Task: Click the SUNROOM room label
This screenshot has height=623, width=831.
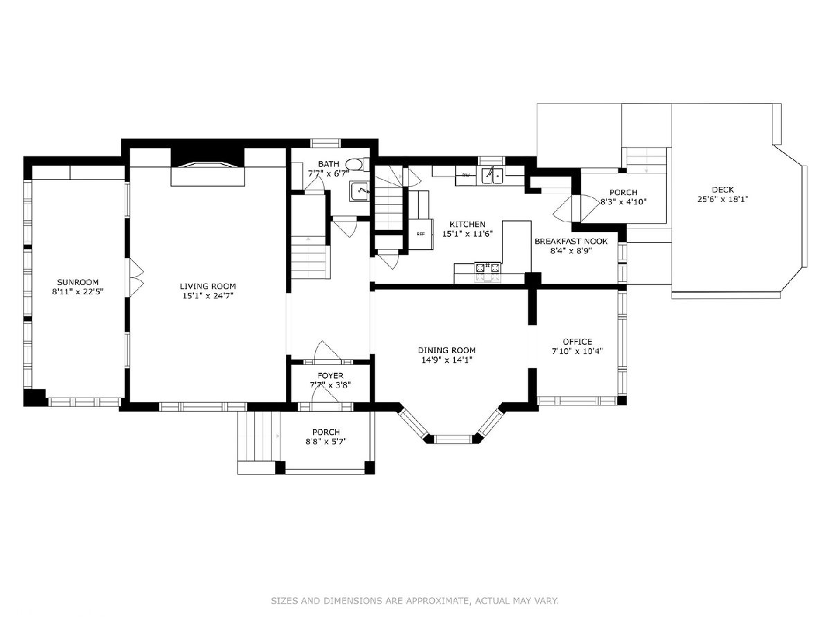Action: tap(78, 282)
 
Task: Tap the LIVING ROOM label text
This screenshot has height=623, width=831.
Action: tap(208, 287)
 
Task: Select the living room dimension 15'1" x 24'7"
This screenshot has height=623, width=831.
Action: tap(208, 296)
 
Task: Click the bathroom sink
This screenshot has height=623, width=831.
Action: tap(359, 191)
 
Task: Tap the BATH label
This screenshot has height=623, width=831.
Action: tap(329, 164)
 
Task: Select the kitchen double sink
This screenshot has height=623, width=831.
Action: tap(492, 176)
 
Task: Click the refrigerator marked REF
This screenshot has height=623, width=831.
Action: tap(420, 234)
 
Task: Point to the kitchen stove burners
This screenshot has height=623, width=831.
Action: tap(488, 268)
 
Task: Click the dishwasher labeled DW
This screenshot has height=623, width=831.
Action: tap(465, 176)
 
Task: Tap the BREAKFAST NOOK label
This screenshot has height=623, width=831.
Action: tap(571, 242)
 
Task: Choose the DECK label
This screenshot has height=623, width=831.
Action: tap(723, 190)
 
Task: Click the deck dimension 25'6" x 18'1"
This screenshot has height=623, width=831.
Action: tap(723, 199)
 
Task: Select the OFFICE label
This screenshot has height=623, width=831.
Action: tap(578, 342)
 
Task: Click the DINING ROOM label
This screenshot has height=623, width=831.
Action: tap(447, 350)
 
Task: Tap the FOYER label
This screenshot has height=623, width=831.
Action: tap(330, 376)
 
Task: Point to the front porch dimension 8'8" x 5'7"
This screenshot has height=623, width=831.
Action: tap(326, 441)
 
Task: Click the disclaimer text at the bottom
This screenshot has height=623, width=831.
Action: tap(415, 600)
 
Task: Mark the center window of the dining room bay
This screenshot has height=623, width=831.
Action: tap(453, 439)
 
